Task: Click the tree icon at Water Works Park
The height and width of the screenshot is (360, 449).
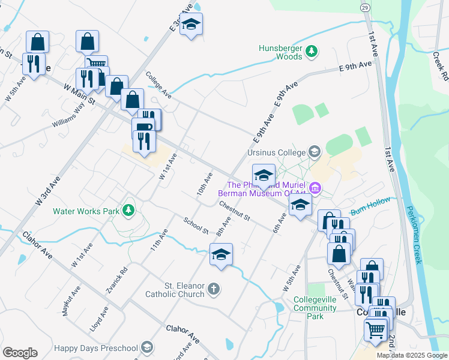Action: [127, 210]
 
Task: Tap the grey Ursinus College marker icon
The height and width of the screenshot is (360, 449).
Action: [313, 151]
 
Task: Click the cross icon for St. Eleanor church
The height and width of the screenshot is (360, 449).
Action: [213, 290]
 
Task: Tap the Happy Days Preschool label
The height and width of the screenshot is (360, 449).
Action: [96, 347]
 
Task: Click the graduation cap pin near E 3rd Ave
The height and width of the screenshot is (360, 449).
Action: [191, 25]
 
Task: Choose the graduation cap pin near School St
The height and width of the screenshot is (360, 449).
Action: [221, 255]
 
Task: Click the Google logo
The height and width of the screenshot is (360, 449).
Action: [20, 353]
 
